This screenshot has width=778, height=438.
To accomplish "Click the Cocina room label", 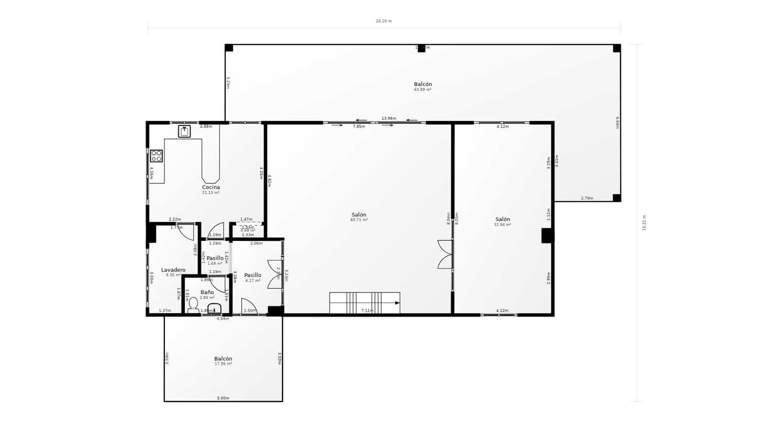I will click(211, 187).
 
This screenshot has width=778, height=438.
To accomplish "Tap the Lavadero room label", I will click(173, 270).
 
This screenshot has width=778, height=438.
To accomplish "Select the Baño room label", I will click(207, 292).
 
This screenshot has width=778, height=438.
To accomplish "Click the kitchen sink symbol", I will click(184, 131).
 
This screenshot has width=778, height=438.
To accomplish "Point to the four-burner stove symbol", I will click(156, 156).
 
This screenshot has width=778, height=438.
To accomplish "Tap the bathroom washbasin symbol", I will click(214, 309).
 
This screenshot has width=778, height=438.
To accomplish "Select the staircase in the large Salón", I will click(365, 303).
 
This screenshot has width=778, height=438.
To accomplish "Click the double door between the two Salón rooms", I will click(445, 254).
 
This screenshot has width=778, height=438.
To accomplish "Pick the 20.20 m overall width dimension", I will click(384, 21).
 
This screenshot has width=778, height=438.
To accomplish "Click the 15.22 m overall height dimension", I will click(644, 222).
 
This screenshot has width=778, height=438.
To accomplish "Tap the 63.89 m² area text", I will click(423, 90).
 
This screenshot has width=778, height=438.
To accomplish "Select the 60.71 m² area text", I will click(359, 220).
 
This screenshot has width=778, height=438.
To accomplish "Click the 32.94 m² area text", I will click(502, 224).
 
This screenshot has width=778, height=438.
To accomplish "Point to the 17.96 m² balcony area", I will click(223, 364).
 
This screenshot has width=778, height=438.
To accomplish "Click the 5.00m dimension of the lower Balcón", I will click(223, 398).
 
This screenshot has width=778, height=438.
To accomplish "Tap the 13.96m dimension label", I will click(389, 118).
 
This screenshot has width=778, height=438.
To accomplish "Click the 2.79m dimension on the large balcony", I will click(587, 198).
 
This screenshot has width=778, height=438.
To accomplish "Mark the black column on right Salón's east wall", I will click(548, 236).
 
